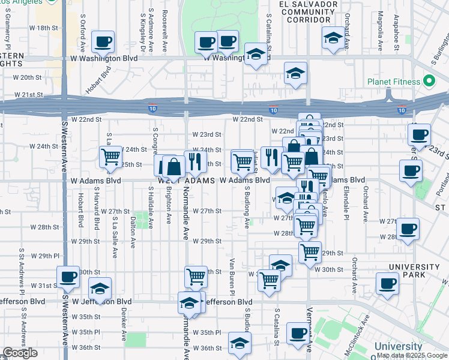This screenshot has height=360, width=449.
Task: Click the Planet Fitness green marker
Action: pyautogui.click(x=429, y=80)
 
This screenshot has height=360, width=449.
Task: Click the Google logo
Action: pyautogui.click(x=20, y=353)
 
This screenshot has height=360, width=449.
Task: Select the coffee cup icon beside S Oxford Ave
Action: pyautogui.click(x=103, y=42)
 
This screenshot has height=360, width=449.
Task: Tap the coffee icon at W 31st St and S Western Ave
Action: pyautogui.click(x=68, y=277)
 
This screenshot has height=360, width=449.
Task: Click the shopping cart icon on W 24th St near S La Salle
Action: pyautogui.click(x=110, y=157)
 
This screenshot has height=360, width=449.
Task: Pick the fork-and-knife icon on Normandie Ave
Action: pyautogui.click(x=195, y=161)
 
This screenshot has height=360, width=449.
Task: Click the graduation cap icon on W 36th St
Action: pyautogui.click(x=240, y=343)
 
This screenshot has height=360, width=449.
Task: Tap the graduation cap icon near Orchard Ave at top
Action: pyautogui.click(x=333, y=38)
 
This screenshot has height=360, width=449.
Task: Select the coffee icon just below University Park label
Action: pyautogui.click(x=387, y=283)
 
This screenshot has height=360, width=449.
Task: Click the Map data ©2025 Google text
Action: pyautogui.click(x=412, y=355)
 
